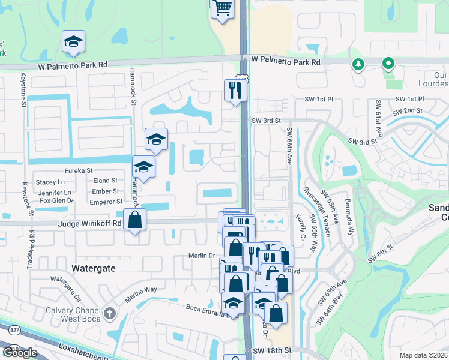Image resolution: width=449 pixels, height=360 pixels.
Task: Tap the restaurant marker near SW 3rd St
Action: [235, 91]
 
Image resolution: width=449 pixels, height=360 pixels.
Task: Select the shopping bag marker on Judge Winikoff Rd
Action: [135, 220]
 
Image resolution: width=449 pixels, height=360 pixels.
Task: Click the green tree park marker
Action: [358, 64]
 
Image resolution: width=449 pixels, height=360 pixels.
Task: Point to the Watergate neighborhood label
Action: [93, 268]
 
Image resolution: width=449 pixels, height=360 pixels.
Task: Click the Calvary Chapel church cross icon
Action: [109, 313]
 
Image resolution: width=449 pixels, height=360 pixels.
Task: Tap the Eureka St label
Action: [80, 171]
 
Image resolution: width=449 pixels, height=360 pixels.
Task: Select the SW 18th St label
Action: [271, 350]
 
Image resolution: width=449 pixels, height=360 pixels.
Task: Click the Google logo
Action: [20, 353]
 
